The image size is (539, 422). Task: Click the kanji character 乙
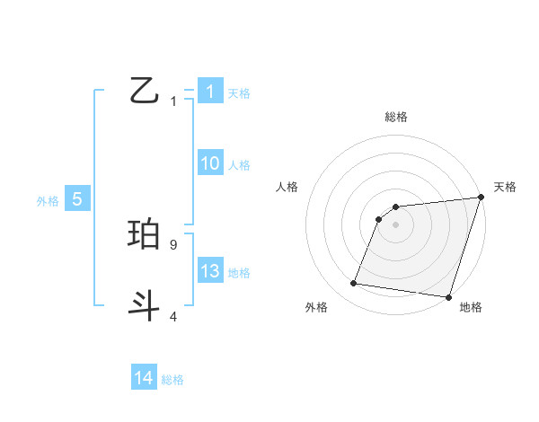click(145, 91)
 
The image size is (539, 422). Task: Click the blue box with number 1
click(209, 92)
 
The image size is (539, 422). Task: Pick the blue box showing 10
click(209, 163)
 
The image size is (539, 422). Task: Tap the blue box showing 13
click(209, 271)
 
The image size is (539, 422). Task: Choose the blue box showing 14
click(144, 378)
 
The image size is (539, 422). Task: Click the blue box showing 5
click(77, 199)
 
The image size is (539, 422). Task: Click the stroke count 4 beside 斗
click(173, 316)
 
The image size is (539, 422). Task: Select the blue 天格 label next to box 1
click(239, 92)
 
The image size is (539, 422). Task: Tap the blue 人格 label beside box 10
click(239, 164)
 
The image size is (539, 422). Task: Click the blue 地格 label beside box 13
click(239, 272)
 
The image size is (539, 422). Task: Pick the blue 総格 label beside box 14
click(172, 379)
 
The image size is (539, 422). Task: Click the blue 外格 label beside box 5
click(48, 201)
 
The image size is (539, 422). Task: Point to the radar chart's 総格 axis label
click(395, 117)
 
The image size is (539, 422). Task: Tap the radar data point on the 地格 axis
click(448, 296)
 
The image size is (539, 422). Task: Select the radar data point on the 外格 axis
click(354, 284)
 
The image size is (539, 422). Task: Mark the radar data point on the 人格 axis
click(380, 219)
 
